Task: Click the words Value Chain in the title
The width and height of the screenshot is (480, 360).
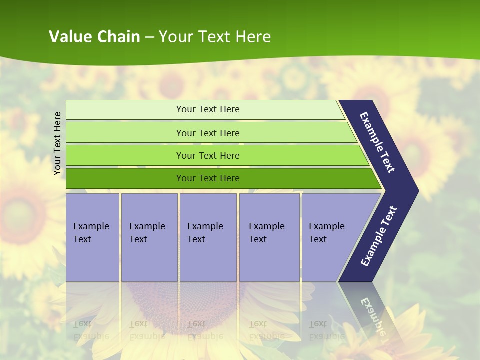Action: (94, 36)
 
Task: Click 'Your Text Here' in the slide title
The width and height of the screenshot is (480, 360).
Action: (215, 36)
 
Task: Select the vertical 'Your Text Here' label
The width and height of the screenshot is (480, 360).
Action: (57, 143)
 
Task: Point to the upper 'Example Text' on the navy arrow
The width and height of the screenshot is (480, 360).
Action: (377, 142)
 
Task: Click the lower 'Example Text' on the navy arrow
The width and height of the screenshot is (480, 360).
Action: (378, 236)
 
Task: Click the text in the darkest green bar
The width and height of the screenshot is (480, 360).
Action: (208, 178)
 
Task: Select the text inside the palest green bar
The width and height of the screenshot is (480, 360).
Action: (208, 109)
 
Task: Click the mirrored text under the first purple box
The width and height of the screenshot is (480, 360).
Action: (91, 330)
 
